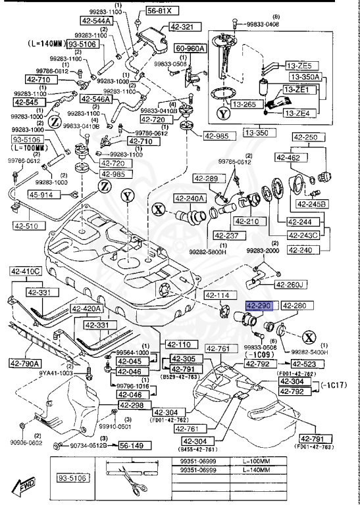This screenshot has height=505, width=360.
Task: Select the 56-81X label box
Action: click(x=159, y=11)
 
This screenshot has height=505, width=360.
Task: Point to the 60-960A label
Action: click(x=189, y=49)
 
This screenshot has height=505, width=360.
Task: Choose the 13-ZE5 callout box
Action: click(x=302, y=66)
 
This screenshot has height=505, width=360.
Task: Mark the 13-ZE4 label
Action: click(x=301, y=113)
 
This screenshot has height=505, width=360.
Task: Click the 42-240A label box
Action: click(x=189, y=198)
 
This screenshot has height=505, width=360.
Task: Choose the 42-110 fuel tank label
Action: click(x=178, y=344)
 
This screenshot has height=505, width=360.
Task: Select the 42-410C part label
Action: click(x=25, y=271)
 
